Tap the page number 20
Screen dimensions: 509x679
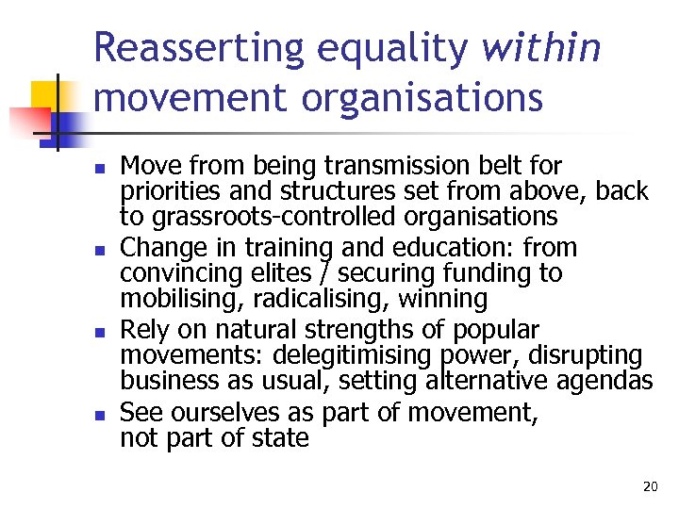[x=650, y=486]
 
